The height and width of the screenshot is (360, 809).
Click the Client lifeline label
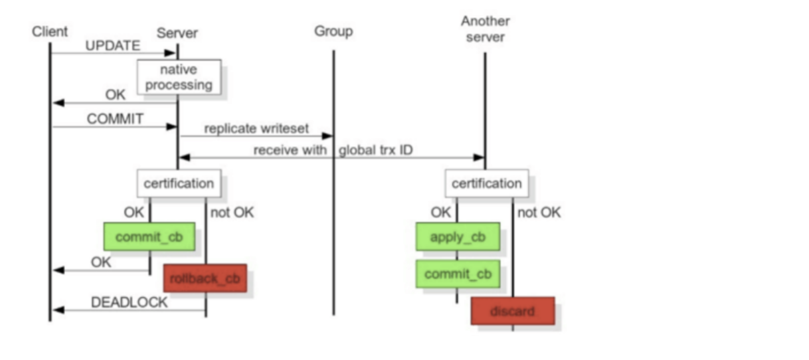tap(49, 31)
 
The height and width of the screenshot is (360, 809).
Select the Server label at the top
tap(177, 33)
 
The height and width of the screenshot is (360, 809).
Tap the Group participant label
tap(333, 31)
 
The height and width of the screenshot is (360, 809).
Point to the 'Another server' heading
tap(485, 29)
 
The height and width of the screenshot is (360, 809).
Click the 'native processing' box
tap(179, 76)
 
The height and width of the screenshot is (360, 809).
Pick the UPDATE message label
tap(112, 46)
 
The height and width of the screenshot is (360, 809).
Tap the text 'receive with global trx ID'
tap(332, 150)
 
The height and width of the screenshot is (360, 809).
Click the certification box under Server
tap(179, 183)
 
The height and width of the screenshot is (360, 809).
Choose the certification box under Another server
tap(486, 183)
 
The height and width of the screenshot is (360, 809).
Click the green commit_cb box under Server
tap(149, 236)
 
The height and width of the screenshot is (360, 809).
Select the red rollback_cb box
tap(205, 278)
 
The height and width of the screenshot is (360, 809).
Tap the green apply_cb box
tap(458, 236)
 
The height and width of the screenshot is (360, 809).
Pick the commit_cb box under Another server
tap(458, 274)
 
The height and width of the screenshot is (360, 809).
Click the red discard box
tap(512, 310)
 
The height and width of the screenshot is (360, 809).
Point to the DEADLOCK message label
tap(129, 302)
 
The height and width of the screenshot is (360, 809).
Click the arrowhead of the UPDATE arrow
tap(171, 53)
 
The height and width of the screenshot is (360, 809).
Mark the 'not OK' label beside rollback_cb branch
tap(232, 213)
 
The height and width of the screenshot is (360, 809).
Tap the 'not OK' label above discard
tap(539, 213)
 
